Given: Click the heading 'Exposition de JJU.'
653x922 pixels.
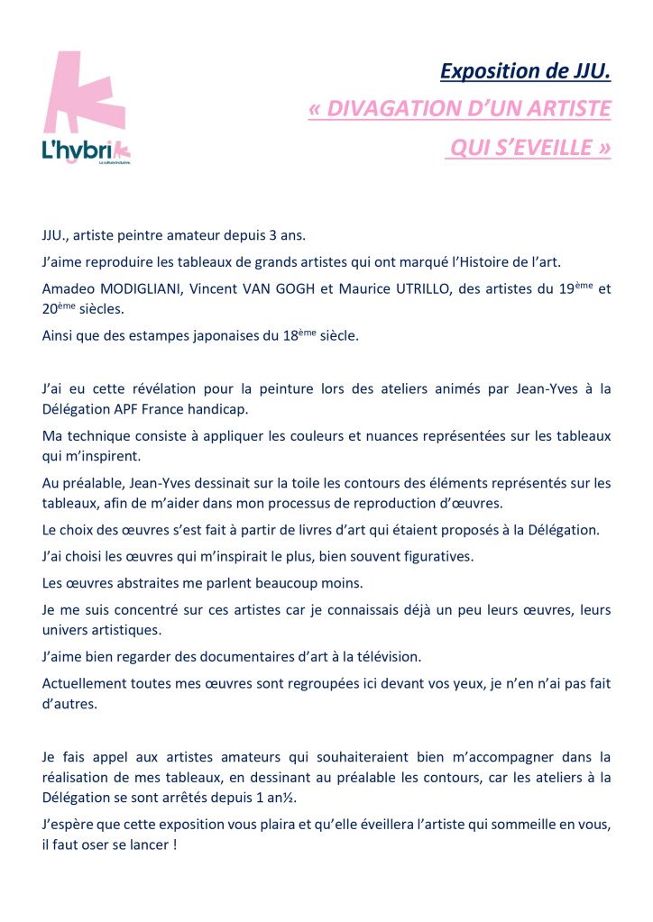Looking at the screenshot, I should (x=526, y=69).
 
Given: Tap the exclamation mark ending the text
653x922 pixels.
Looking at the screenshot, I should (x=173, y=848).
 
